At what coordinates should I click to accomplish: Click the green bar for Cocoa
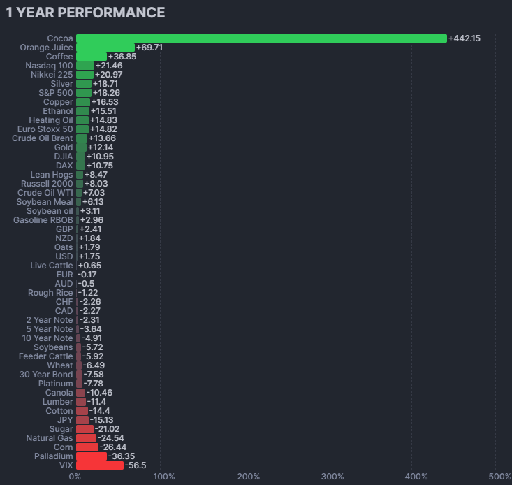pos(261,38)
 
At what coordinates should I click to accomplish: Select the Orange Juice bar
pos(105,48)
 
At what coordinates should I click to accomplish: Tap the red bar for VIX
pos(99,465)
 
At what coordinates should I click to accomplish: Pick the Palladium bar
pos(91,456)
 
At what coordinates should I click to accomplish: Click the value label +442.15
pos(465,38)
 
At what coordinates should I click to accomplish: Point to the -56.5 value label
pos(135,465)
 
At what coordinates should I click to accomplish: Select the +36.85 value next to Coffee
pos(122,57)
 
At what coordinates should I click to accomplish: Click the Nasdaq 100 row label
pos(48,66)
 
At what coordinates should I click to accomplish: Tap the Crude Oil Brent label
pos(42,138)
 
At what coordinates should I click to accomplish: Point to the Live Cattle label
pos(51,266)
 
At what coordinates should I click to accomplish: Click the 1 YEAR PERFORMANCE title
pos(85,13)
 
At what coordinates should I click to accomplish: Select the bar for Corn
pos(87,447)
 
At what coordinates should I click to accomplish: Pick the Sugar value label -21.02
pos(108,429)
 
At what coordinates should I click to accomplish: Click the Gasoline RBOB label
pos(43,220)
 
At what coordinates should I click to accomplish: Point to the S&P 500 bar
pos(83,93)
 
